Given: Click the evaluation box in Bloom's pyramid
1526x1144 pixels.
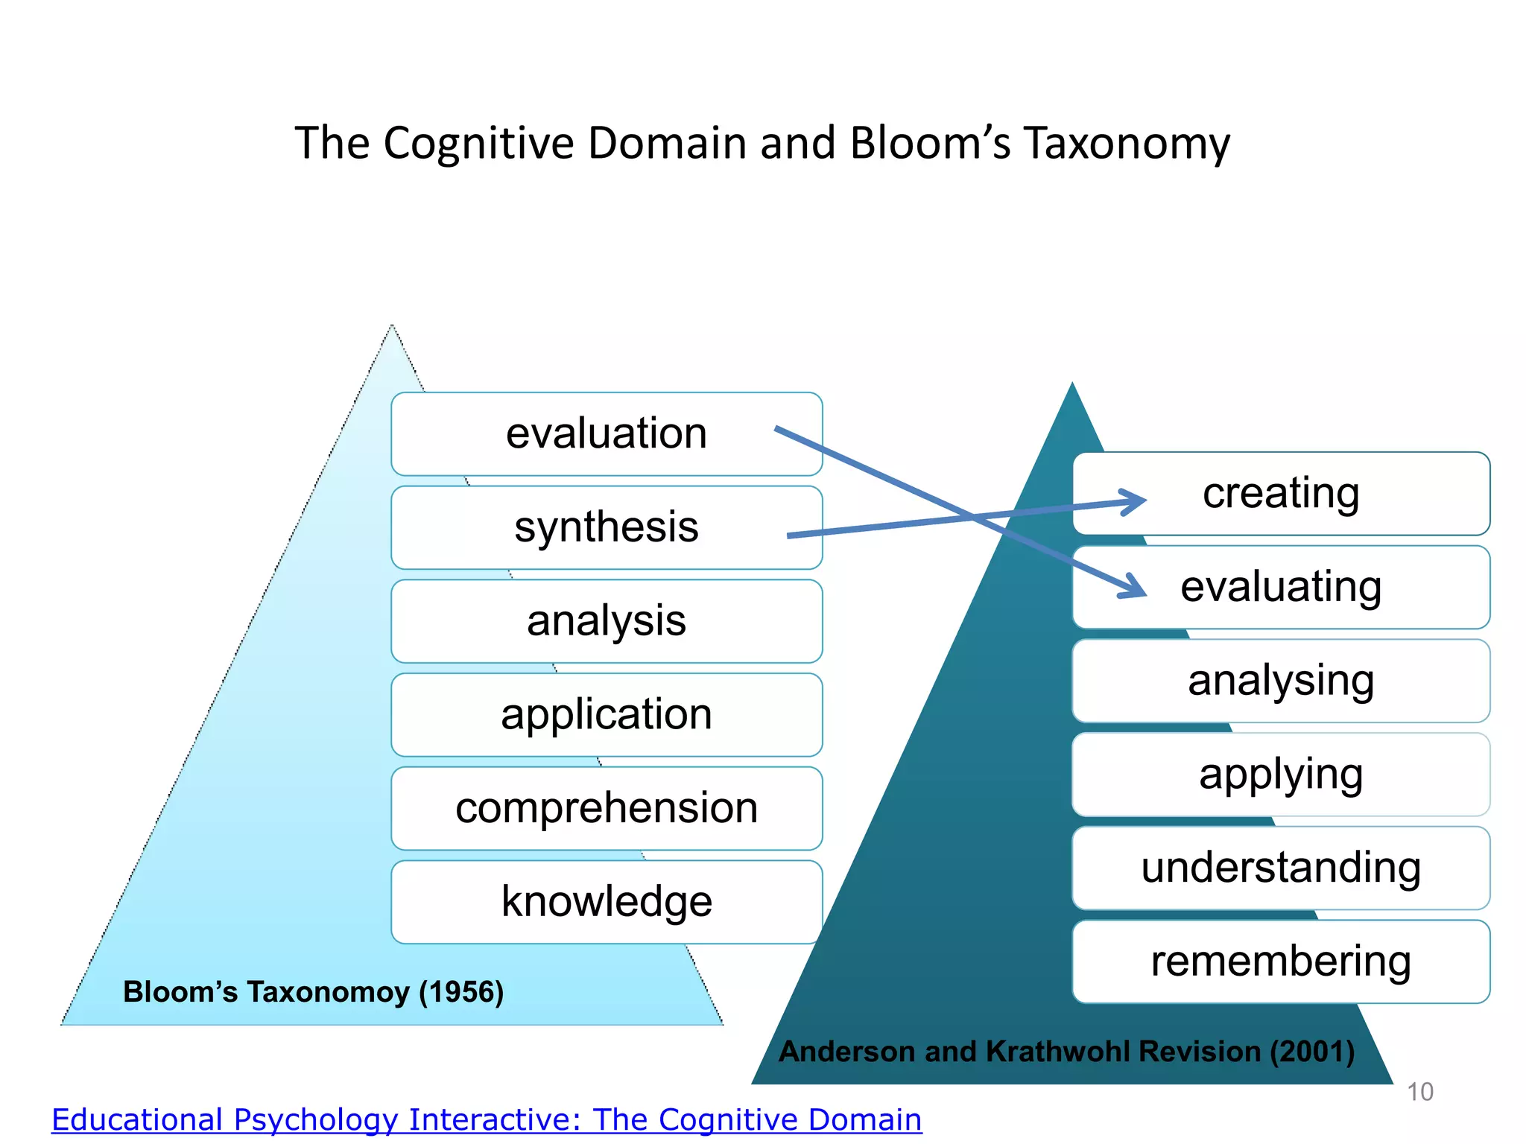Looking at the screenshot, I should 607,434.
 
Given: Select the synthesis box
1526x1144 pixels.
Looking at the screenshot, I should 607,527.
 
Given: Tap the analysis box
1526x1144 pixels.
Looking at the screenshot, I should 607,621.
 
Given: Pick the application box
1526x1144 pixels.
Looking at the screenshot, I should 607,715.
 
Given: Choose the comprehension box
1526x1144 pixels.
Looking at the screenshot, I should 607,808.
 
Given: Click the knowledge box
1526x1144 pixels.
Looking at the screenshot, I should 607,902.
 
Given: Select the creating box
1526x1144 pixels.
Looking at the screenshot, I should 1281,494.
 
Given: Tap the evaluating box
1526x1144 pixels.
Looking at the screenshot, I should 1281,587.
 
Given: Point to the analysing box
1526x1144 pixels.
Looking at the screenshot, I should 1281,681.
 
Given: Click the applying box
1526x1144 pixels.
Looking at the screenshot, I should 1281,775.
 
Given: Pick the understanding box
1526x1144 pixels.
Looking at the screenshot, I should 1281,868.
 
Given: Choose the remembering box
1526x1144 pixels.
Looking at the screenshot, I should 1281,962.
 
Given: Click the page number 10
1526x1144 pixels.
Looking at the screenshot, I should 1419,1092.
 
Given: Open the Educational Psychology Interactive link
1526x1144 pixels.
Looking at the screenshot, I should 487,1119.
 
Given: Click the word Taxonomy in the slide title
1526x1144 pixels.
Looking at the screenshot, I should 1126,143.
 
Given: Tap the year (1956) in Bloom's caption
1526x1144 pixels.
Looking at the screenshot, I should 461,992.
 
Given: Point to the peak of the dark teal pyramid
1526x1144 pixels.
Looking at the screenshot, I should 1072,386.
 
